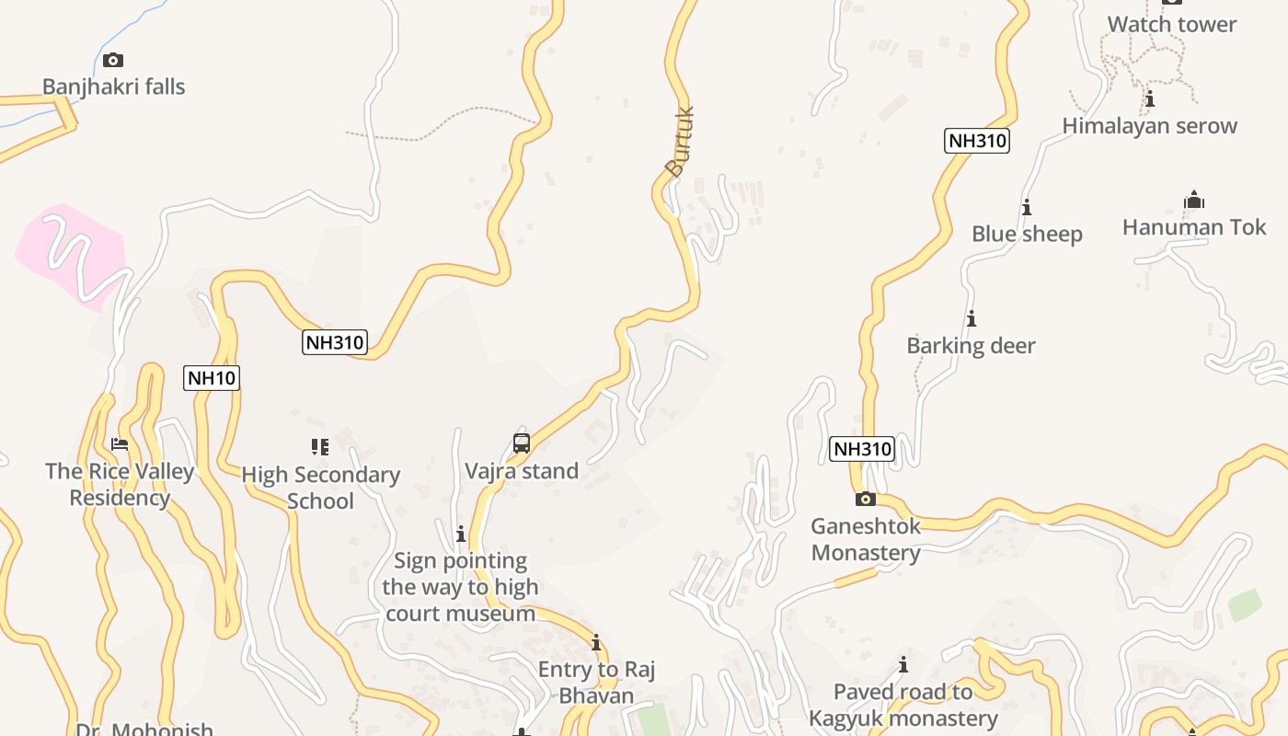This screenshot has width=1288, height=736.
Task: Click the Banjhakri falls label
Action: point(114,87)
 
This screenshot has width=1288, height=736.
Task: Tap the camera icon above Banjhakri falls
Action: point(113,61)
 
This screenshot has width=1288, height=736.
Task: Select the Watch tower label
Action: point(1171,25)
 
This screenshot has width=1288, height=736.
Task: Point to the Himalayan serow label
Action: point(1149,126)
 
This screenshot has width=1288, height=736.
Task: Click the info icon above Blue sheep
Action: point(1027,208)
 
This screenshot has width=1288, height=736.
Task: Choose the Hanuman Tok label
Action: point(1194,227)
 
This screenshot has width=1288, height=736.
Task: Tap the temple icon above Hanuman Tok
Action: point(1194,200)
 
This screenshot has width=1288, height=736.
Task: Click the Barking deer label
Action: point(971,346)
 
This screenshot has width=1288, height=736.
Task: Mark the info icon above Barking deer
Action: point(971,319)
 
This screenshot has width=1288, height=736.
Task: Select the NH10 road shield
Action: point(212,377)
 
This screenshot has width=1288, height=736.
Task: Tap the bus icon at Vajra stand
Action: point(522,443)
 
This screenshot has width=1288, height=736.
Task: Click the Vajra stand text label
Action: point(522,471)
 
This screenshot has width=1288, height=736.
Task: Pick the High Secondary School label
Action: point(320,488)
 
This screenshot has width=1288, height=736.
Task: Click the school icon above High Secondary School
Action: point(320,447)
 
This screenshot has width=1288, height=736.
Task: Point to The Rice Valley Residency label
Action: point(120,485)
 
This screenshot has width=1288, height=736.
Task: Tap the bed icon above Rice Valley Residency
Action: point(120,444)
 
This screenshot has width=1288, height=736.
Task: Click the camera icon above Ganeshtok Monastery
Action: point(865,500)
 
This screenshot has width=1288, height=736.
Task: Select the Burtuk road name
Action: point(680,142)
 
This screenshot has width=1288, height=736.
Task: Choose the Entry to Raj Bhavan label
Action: point(596,682)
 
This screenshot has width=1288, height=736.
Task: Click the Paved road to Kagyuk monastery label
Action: point(903,705)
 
